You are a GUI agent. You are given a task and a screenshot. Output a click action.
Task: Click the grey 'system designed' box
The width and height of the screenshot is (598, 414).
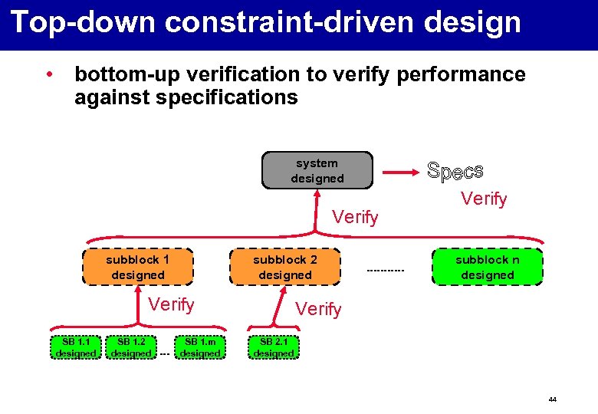point(317,170)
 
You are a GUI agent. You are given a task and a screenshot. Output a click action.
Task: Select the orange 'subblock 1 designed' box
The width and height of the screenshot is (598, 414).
point(138,267)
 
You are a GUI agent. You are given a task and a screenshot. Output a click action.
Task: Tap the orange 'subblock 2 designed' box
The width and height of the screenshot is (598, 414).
point(285,267)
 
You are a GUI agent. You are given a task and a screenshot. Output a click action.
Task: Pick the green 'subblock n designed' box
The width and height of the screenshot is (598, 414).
point(488,267)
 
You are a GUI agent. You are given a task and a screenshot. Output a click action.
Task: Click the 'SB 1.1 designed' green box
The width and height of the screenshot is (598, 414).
point(76,347)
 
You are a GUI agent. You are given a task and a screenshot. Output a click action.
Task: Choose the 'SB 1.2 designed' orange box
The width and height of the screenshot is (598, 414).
point(130,347)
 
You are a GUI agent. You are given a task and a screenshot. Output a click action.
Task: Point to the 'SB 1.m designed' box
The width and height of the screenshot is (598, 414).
point(200,347)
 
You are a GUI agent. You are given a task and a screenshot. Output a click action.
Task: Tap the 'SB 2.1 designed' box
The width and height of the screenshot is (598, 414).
point(274,347)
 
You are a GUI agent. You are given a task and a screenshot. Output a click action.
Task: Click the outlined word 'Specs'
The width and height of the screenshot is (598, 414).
point(455,171)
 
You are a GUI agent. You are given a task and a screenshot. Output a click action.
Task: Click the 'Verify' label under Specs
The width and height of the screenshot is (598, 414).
point(484,199)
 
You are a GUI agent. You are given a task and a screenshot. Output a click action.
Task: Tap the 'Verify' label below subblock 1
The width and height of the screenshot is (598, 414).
point(171,304)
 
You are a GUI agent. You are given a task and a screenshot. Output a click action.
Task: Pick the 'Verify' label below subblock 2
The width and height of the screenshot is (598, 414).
point(318,309)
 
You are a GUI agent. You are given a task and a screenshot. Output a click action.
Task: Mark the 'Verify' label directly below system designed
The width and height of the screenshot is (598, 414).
point(355,218)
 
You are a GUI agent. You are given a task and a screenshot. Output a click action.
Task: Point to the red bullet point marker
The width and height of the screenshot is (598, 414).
point(48,75)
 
